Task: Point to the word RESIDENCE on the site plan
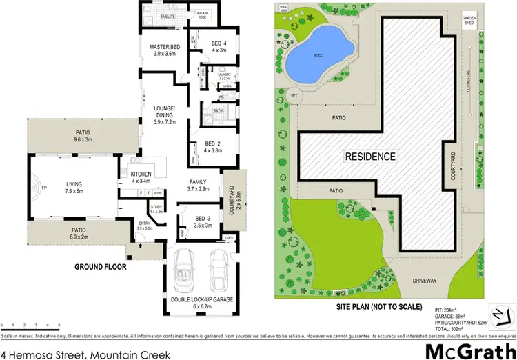tap(371, 157)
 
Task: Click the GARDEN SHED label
tap(489, 23)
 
